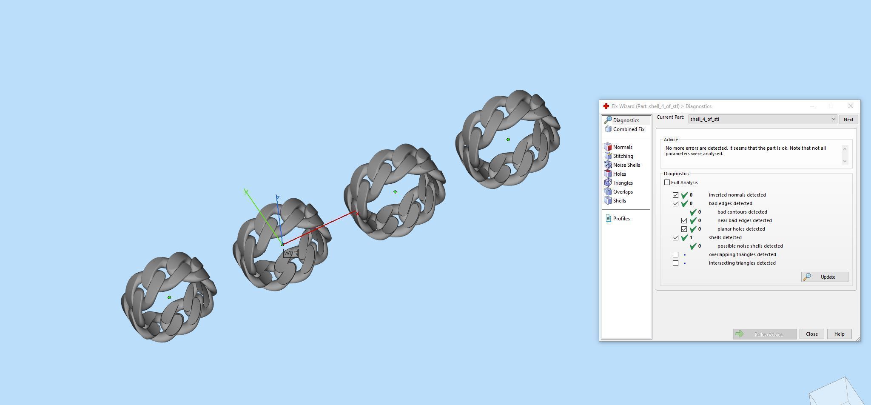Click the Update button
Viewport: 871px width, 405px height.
pos(825,277)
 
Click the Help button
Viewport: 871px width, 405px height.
pos(839,334)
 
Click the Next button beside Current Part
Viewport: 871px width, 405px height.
pos(848,120)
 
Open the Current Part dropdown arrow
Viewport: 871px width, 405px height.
pos(833,120)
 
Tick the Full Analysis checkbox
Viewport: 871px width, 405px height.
pos(667,183)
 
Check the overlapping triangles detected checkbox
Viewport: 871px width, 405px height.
pos(675,254)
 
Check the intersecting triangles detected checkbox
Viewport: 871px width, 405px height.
pos(675,263)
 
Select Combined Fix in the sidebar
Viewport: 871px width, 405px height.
pos(628,129)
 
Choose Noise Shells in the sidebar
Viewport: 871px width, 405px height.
pos(626,165)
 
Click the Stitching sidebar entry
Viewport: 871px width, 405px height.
pos(623,156)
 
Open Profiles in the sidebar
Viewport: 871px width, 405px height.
pos(621,219)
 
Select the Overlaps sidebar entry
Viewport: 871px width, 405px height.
pos(623,192)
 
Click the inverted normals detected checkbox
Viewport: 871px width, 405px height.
pos(675,195)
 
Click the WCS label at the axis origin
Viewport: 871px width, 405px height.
pos(290,253)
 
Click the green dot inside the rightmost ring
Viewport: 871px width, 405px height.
pos(508,140)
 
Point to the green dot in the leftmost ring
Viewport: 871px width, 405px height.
pos(169,297)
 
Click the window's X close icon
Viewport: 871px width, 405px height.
pos(850,106)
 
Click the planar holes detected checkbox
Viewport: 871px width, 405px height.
pos(684,229)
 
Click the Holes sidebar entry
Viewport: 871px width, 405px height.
pos(619,174)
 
